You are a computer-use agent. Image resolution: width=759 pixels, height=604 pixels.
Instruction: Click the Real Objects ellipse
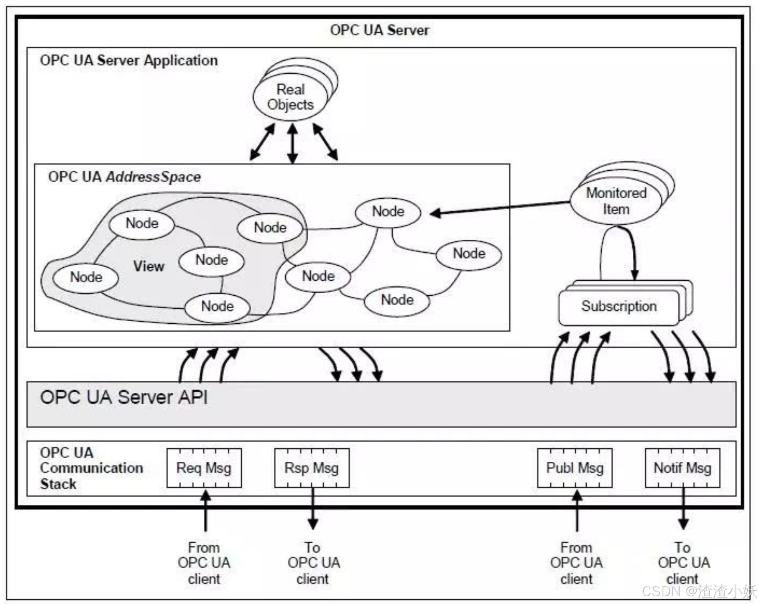pyautogui.click(x=290, y=97)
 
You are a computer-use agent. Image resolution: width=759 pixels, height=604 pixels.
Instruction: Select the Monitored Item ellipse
pyautogui.click(x=616, y=201)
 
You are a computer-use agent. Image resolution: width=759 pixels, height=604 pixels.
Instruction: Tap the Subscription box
pyautogui.click(x=619, y=307)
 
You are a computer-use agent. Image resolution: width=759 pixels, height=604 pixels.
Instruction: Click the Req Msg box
pyautogui.click(x=204, y=468)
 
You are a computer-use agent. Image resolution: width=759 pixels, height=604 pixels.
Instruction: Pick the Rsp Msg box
pyautogui.click(x=312, y=468)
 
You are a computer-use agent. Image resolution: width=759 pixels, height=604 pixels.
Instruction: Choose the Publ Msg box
pyautogui.click(x=575, y=468)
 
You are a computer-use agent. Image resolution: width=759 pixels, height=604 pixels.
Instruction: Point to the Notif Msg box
pyautogui.click(x=682, y=468)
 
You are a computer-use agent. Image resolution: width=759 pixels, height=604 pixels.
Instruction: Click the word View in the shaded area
pyautogui.click(x=149, y=266)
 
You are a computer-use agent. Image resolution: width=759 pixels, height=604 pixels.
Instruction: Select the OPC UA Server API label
pyautogui.click(x=124, y=397)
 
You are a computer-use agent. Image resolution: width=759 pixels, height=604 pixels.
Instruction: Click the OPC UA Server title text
pyautogui.click(x=380, y=30)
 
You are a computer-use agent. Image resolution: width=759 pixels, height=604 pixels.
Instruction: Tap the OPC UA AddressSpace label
pyautogui.click(x=125, y=177)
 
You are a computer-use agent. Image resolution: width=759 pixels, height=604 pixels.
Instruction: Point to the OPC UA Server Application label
pyautogui.click(x=129, y=60)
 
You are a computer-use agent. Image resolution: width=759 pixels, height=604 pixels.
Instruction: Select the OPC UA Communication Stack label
pyautogui.click(x=91, y=468)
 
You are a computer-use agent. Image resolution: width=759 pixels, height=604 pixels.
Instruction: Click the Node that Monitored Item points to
pyautogui.click(x=388, y=212)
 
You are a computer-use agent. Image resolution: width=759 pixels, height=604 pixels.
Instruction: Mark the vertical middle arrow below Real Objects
pyautogui.click(x=293, y=144)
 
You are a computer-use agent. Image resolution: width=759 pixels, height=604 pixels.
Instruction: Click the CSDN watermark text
pyautogui.click(x=699, y=591)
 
